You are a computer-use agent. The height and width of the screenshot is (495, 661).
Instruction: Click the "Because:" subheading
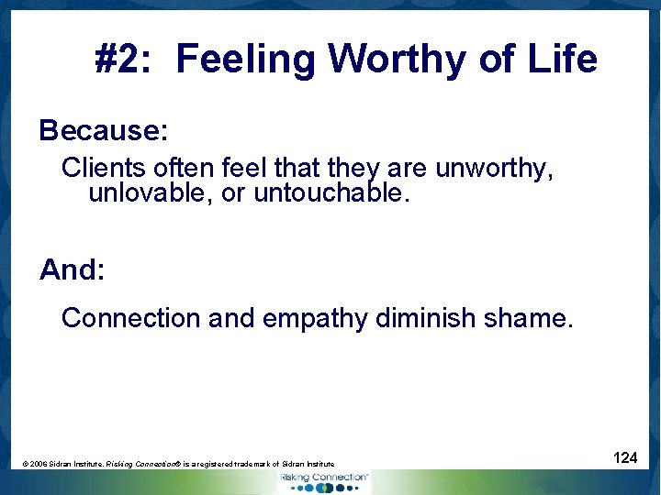click(x=103, y=130)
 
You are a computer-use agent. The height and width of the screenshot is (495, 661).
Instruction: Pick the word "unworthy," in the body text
click(x=494, y=170)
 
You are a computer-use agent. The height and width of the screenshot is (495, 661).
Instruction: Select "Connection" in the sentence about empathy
click(x=130, y=318)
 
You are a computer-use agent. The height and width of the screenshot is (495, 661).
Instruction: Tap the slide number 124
click(x=625, y=457)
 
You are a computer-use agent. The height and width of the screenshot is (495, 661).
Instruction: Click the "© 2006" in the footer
click(x=38, y=465)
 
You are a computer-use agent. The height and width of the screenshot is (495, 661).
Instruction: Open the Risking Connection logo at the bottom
click(x=322, y=481)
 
